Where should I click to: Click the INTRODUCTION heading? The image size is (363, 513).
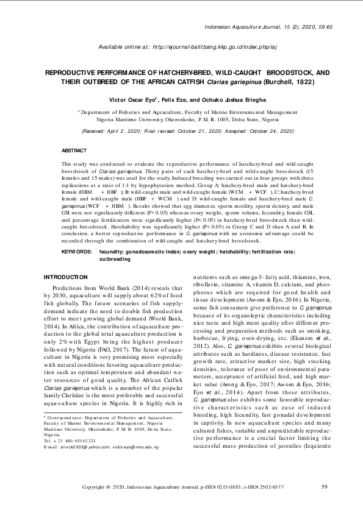pos(67,277)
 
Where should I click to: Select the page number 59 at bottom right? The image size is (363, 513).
pos(325,487)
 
